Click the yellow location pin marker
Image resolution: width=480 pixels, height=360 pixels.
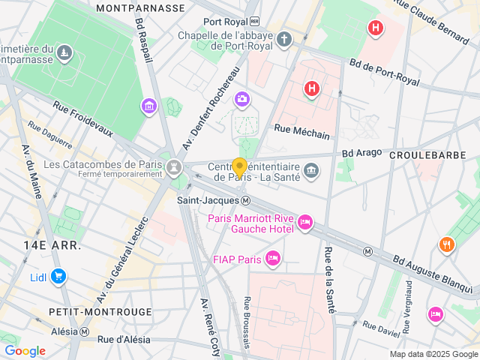240,168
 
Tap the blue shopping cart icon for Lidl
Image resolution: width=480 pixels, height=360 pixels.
58,277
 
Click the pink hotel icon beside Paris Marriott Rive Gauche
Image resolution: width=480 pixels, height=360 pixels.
305,223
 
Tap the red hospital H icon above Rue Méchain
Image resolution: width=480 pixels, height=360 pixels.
311,90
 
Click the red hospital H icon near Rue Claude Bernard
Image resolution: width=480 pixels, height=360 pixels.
375,28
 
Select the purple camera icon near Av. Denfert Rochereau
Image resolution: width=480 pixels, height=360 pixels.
241,99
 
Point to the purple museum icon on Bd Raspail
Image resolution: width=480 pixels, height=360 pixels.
149,106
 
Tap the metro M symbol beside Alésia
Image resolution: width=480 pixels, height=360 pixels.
85,332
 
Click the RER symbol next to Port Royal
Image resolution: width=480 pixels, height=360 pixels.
254,22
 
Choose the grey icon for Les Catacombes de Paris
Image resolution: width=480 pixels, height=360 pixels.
174,165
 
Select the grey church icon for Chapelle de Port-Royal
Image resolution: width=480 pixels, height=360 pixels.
283,39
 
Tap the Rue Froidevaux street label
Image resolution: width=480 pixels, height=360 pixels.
82,120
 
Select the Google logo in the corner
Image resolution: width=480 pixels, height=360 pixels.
25,351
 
